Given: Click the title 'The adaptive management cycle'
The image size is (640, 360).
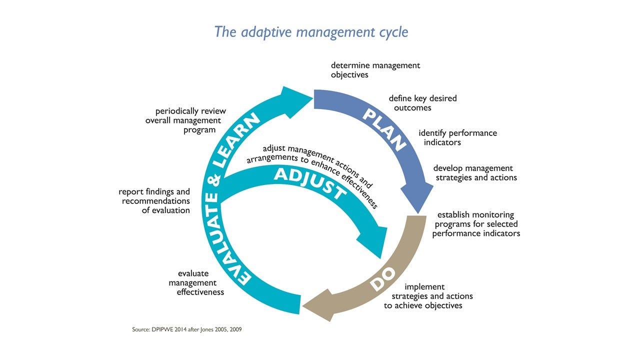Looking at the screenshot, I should pos(311,32).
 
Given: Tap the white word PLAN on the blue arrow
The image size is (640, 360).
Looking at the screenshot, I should pos(384,129).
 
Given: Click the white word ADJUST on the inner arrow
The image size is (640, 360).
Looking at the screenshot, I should pos(310,183).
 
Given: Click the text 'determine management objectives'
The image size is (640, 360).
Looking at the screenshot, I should pos(375,70).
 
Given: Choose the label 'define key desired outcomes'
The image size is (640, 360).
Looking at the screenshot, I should pos(422,103).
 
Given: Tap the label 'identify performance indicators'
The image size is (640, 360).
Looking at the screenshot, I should pos(457,137).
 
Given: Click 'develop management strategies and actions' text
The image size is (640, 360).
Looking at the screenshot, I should pos(475,173).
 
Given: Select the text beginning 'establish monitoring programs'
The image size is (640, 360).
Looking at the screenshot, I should pos(475,224).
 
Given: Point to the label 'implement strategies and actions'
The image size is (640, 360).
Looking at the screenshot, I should pos(427,296).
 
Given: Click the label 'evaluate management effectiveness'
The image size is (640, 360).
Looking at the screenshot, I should pos(196,282).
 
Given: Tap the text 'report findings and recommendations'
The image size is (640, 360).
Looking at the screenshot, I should pos(154,201).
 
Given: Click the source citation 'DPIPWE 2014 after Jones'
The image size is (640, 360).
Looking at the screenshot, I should pos(186,330).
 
